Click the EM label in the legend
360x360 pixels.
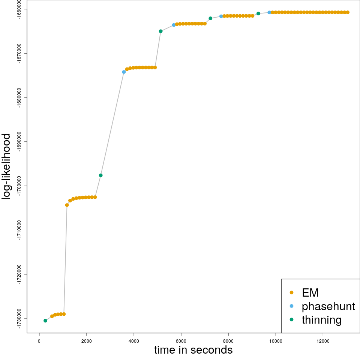[x=310, y=292]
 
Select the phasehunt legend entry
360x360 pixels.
[x=328, y=306]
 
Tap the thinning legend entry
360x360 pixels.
[x=321, y=320]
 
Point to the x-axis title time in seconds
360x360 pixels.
[x=193, y=350]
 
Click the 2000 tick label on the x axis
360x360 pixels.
[x=86, y=340]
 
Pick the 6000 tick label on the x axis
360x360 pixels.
[x=181, y=340]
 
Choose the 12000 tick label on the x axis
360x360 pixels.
[x=323, y=340]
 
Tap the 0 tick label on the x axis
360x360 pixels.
[x=39, y=340]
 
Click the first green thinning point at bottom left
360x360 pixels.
[x=45, y=321]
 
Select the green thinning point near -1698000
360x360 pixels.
[x=100, y=175]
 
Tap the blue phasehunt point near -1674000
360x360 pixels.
[x=124, y=72]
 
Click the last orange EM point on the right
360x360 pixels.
[x=348, y=12]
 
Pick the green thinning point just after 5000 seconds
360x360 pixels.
[x=160, y=31]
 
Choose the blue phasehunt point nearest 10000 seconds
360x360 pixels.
[x=269, y=12]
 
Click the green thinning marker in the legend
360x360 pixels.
[x=291, y=320]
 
